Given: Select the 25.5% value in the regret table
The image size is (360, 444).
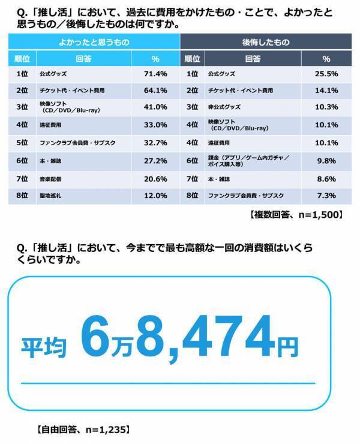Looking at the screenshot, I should click(326, 74).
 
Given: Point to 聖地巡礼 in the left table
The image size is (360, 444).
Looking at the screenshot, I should click(52, 196).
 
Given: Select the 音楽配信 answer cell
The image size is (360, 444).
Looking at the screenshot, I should click(52, 178).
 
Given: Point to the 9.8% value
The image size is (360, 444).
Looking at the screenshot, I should click(326, 161).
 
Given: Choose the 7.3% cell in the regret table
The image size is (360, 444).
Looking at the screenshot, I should click(326, 196).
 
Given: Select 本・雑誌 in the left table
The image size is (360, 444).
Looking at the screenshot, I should click(52, 161).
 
